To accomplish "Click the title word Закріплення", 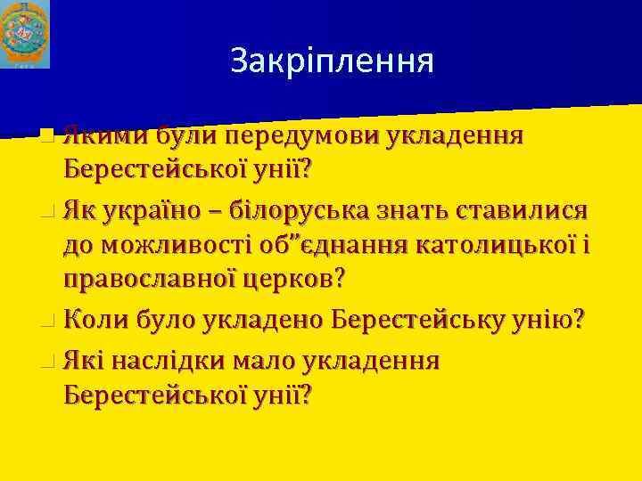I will [332, 61].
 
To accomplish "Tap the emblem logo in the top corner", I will [28, 34].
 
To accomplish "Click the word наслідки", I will [177, 360].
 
